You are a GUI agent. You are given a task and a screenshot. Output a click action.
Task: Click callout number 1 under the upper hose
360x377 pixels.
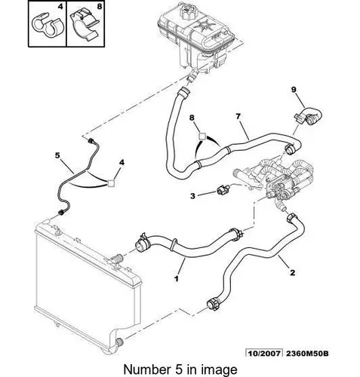pyautogui.click(x=177, y=278)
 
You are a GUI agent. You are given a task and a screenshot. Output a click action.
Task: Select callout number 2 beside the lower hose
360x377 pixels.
pyautogui.click(x=292, y=272)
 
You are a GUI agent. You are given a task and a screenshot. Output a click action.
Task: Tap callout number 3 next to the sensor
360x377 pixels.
pyautogui.click(x=192, y=196)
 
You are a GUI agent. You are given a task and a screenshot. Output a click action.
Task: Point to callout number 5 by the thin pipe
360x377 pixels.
pyautogui.click(x=57, y=155)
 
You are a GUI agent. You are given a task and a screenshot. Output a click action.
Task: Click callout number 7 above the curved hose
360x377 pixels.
pyautogui.click(x=238, y=116)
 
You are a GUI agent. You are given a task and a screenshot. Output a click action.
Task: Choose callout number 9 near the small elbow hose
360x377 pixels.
pyautogui.click(x=294, y=90)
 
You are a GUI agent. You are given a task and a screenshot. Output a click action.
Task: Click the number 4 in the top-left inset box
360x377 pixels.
pyautogui.click(x=60, y=6)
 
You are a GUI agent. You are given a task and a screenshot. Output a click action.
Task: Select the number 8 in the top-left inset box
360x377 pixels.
pyautogui.click(x=100, y=6)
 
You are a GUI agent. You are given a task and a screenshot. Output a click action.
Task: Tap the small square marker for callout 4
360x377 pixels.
pyautogui.click(x=111, y=183)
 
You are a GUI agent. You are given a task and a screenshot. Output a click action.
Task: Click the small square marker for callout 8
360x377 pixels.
pyautogui.click(x=202, y=136)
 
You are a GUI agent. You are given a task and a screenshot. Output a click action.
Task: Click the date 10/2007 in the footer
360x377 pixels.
pyautogui.click(x=264, y=354)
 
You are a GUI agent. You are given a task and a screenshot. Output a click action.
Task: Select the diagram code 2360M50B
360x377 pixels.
pyautogui.click(x=307, y=354)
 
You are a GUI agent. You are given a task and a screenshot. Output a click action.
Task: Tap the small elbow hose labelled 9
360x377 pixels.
pyautogui.click(x=308, y=116)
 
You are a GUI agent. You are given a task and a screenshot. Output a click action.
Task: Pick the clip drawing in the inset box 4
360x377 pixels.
pyautogui.click(x=47, y=27)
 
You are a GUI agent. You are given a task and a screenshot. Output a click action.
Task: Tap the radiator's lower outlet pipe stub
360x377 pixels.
pyautogui.click(x=118, y=342)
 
